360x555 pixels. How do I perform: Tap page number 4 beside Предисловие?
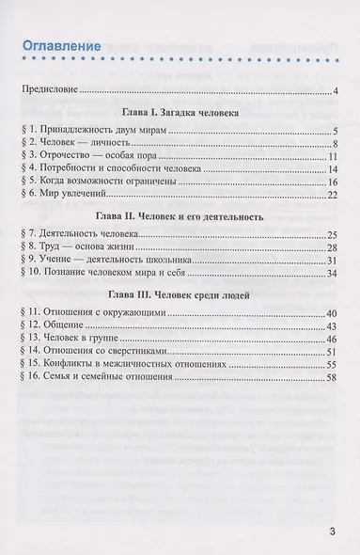coord(335,91)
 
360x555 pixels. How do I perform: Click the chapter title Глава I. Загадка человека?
coord(179,112)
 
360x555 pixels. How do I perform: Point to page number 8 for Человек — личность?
coord(335,144)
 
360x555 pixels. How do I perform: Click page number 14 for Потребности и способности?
coord(332,169)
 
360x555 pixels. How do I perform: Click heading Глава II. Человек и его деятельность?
coord(179,215)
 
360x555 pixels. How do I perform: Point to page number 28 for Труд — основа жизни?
coord(332,246)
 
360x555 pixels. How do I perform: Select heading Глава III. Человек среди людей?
coord(179,293)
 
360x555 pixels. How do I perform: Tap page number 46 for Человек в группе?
coord(332,338)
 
